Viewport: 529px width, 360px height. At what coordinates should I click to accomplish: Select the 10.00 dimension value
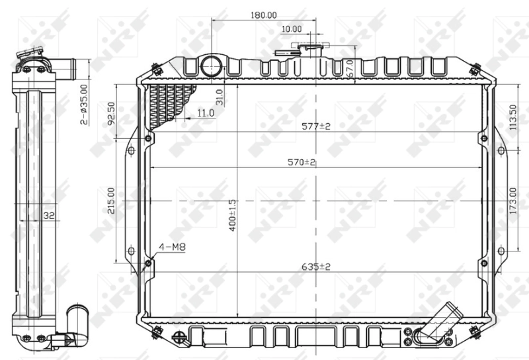[x=291, y=29]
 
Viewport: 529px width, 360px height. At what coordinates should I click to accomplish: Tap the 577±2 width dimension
[x=316, y=126]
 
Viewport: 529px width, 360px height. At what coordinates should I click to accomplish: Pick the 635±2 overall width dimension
[x=316, y=266]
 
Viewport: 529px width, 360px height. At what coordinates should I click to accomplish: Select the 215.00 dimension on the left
[x=112, y=201]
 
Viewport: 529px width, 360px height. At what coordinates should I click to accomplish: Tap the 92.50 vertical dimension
[x=112, y=113]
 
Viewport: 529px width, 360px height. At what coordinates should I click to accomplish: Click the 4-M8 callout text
[x=172, y=247]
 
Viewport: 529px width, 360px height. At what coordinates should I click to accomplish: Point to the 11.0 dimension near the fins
[x=206, y=113]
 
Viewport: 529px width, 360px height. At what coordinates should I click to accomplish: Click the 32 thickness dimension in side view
[x=48, y=215]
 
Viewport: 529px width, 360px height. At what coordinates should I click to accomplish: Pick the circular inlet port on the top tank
[x=212, y=65]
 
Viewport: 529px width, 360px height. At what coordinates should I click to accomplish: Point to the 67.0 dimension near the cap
[x=348, y=67]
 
